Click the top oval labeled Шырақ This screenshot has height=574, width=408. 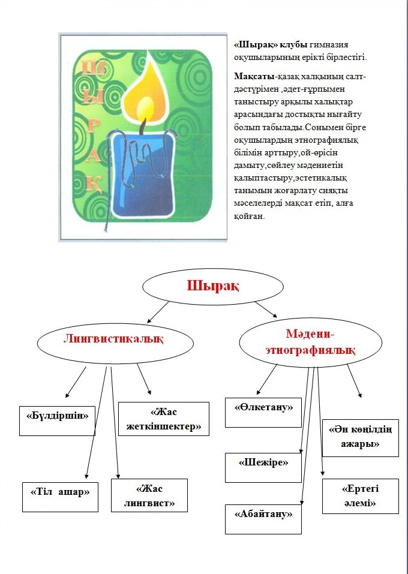[x=211, y=287]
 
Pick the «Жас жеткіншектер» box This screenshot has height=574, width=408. [x=164, y=419]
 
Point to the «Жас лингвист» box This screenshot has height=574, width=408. [x=149, y=495]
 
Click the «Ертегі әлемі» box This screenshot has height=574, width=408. [x=360, y=496]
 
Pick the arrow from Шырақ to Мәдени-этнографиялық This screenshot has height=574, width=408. [x=266, y=310]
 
